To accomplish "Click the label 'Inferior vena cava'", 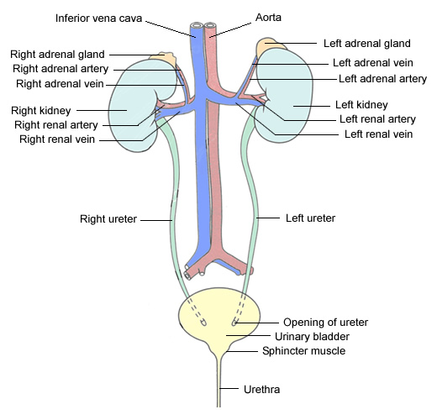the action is pos(98,18).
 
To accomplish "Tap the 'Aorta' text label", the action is pos(268,18).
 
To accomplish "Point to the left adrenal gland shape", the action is pos(270,45).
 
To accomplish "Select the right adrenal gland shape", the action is pos(163,58).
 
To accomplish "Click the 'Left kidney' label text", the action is pos(361,105).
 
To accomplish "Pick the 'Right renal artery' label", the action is pos(56,125).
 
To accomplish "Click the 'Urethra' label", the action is pos(261,390).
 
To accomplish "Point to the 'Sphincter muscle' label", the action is pos(303,351).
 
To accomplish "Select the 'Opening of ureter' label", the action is pos(325,323).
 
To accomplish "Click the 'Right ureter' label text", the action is pos(108,219).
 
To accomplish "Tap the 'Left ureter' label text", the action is pos(310,218).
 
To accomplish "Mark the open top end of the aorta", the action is pos(210,25).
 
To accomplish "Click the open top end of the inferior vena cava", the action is pos(197,25).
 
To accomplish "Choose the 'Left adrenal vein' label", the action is pos(373,63).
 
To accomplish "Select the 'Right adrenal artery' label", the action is pos(61,69).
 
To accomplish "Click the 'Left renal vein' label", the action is pos(378,134).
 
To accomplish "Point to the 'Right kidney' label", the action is pos(41,111).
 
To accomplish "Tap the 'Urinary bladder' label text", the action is pos(312,337).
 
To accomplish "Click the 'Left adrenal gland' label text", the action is pos(367,44).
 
